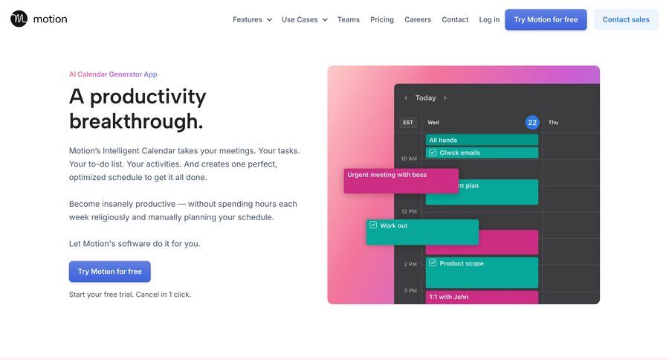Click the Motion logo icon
19,19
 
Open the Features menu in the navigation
252,19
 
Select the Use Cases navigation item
304,19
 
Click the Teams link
348,19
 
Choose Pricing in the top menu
382,19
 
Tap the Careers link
418,19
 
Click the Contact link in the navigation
455,19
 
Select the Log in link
489,19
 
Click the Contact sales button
625,19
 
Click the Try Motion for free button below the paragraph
110,271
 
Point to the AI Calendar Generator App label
113,74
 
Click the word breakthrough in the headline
136,121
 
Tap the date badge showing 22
532,122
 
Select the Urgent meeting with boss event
401,181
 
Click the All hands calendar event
482,140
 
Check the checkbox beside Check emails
432,152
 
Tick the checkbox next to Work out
373,225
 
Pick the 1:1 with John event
482,297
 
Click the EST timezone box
408,122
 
